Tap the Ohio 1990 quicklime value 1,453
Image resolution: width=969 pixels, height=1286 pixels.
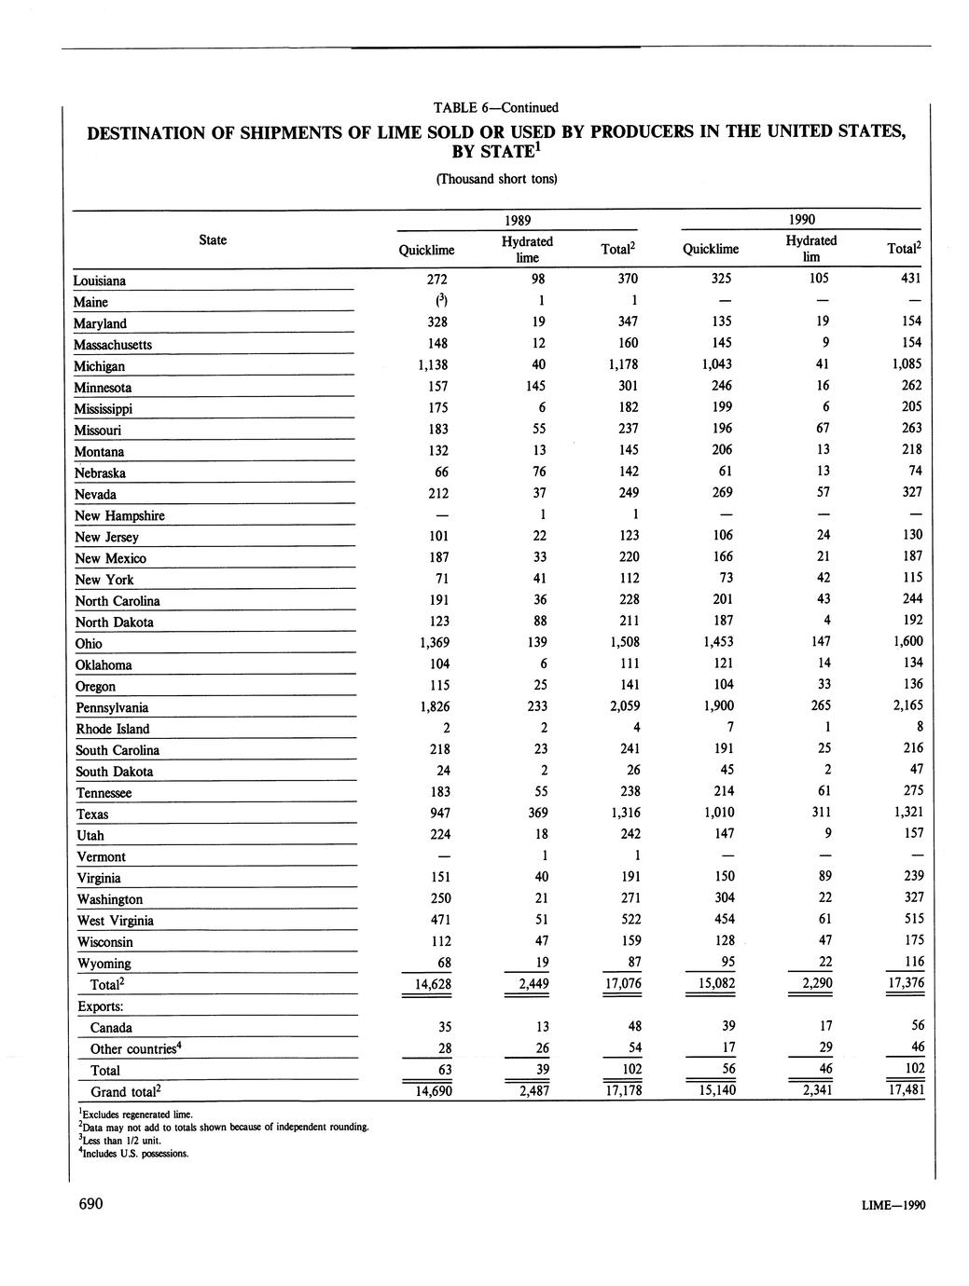pyautogui.click(x=716, y=642)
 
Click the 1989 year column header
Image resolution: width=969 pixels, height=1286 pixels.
pyautogui.click(x=518, y=220)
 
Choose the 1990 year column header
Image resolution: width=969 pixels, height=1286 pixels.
pyautogui.click(x=801, y=220)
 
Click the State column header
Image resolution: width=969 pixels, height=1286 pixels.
pyautogui.click(x=213, y=240)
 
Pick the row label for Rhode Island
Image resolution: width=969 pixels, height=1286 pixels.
pyautogui.click(x=113, y=729)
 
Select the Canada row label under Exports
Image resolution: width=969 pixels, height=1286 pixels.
pyautogui.click(x=111, y=1028)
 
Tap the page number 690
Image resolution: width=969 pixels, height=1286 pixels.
pyautogui.click(x=90, y=1204)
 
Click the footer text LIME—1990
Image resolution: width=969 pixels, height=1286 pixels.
pyautogui.click(x=894, y=1206)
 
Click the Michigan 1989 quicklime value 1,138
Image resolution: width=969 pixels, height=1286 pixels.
pyautogui.click(x=432, y=365)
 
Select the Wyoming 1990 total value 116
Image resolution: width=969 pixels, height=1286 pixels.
pyautogui.click(x=914, y=962)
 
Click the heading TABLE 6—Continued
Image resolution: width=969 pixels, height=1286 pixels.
pyautogui.click(x=495, y=107)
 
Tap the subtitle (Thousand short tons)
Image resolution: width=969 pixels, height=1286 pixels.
pyautogui.click(x=496, y=179)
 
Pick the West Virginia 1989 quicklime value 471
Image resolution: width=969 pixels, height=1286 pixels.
pyautogui.click(x=436, y=920)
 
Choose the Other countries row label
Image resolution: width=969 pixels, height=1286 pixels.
pyautogui.click(x=134, y=1049)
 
